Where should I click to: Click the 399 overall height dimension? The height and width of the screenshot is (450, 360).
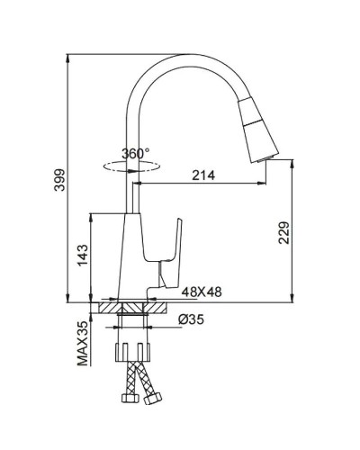click(x=59, y=180)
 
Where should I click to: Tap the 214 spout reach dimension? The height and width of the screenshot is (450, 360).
click(x=203, y=175)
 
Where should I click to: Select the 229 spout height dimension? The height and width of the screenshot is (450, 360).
click(x=283, y=232)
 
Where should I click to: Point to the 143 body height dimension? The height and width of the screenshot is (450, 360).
click(x=83, y=255)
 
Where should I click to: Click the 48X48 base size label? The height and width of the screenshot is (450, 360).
click(x=202, y=292)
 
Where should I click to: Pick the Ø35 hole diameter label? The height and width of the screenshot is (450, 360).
click(x=191, y=319)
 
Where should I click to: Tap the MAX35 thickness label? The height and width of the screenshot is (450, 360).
click(x=83, y=344)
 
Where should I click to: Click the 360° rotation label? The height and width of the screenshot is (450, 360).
click(x=136, y=154)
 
